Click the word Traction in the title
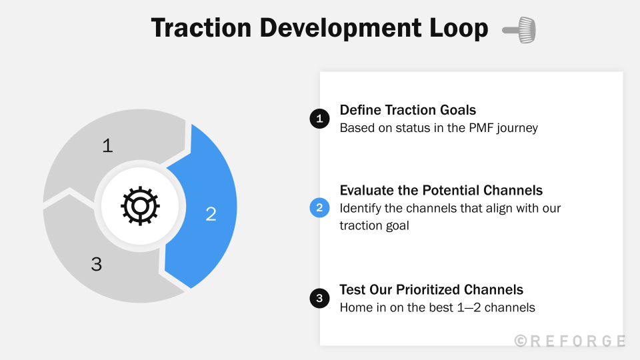pos(201,28)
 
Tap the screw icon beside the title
pos(519,30)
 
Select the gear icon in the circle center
pos(140,206)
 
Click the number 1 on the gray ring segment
pos(108,146)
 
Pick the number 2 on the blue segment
pos(211,214)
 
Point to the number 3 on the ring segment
pos(97,264)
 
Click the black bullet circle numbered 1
pos(319,119)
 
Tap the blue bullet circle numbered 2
pos(319,208)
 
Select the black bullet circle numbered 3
pos(319,299)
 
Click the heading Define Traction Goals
pos(408,110)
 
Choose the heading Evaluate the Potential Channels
pos(441,190)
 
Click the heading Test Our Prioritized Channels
pos(431,289)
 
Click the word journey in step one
pos(517,129)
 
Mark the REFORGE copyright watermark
pos(570,341)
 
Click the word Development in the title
pos(341,29)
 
